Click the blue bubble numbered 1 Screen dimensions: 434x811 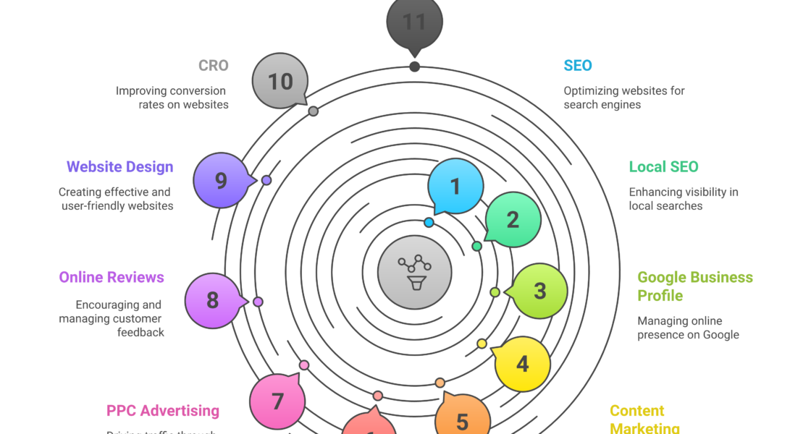[x=455, y=187]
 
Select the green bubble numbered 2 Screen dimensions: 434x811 [x=513, y=219]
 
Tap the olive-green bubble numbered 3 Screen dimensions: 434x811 [x=540, y=291]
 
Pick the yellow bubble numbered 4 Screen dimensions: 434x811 [x=523, y=364]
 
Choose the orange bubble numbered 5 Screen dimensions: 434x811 [x=463, y=420]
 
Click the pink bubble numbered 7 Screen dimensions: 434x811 [x=277, y=401]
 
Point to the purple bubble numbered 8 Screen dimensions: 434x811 [x=212, y=300]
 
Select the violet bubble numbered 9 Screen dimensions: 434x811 [x=221, y=180]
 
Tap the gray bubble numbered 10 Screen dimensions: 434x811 [x=280, y=81]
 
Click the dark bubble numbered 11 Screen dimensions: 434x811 [x=414, y=22]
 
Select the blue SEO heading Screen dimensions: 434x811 [x=578, y=65]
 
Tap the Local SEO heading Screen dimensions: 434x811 [x=663, y=166]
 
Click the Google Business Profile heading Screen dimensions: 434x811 [x=694, y=286]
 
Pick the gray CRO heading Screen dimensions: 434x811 [x=214, y=65]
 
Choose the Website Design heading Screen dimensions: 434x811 [x=120, y=166]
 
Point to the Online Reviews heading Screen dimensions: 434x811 [x=112, y=277]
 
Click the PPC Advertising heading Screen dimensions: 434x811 [x=163, y=410]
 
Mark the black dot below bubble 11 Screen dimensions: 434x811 [x=414, y=67]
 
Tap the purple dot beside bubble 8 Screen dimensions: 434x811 [x=258, y=302]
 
